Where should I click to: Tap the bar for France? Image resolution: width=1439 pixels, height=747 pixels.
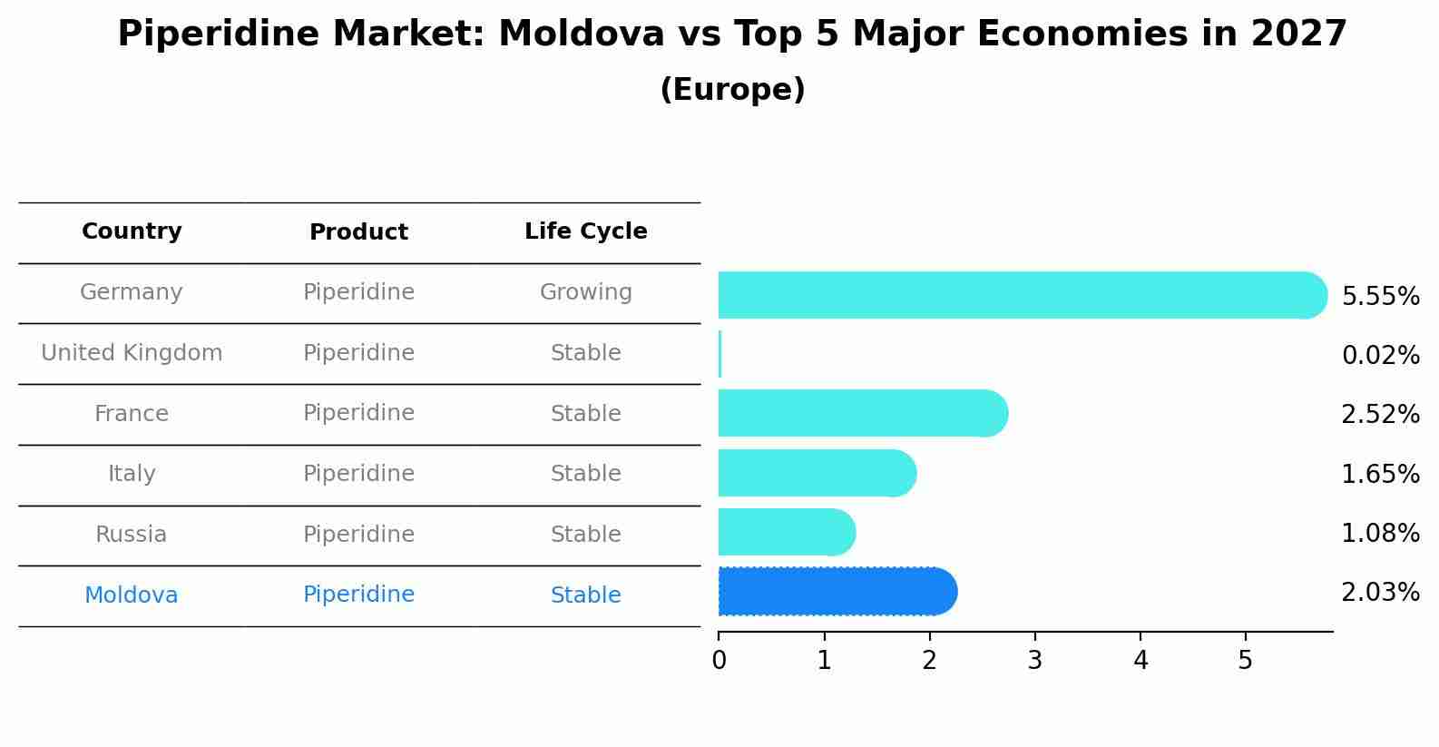[x=862, y=413]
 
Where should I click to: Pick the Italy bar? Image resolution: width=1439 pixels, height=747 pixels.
[x=817, y=473]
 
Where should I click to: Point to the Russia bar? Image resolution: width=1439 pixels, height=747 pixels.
[x=786, y=532]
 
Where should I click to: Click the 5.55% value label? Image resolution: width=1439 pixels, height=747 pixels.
[x=1380, y=297]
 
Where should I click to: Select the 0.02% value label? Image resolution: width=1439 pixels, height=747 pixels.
[x=1380, y=356]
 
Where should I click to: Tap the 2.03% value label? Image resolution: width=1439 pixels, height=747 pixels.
[x=1380, y=593]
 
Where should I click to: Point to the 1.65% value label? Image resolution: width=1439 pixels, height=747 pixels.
[x=1380, y=474]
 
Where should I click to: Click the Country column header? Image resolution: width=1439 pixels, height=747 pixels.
[x=132, y=231]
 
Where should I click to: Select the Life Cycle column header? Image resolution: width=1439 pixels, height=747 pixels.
[x=585, y=231]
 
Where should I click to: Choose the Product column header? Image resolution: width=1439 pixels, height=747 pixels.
[x=358, y=232]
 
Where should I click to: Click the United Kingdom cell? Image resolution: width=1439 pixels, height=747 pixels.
[x=132, y=353]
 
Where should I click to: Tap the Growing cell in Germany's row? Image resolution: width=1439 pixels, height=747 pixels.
[x=585, y=292]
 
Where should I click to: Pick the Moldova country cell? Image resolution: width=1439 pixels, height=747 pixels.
[x=132, y=595]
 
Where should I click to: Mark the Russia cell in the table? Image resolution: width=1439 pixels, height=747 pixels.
[x=132, y=535]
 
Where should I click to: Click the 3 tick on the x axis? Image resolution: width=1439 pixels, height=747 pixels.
[x=1034, y=661]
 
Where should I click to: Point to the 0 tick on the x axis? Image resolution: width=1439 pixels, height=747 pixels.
[x=719, y=661]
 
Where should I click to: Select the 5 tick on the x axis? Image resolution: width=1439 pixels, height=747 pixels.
[x=1245, y=661]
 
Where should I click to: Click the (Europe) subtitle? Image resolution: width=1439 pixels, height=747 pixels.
[x=732, y=90]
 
